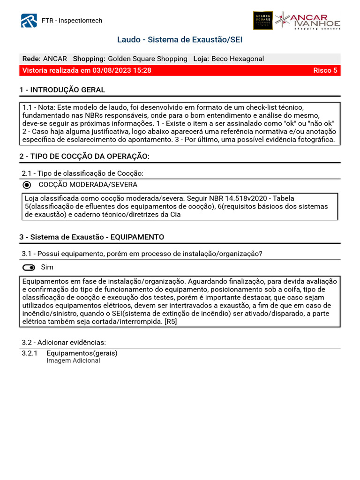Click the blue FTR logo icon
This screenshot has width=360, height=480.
29,21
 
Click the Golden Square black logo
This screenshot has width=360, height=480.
262,21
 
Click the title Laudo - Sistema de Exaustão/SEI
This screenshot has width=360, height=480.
180,40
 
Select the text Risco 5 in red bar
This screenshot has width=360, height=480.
325,71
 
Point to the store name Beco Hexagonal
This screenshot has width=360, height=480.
237,59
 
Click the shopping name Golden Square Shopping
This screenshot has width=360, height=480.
147,59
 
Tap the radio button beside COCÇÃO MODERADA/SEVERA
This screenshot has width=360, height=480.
27,185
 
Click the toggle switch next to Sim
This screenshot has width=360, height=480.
29,268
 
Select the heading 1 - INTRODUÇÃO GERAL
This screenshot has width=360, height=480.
62,90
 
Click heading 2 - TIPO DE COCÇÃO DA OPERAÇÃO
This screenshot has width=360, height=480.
84,157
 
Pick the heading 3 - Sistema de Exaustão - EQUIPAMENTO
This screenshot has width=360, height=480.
91,237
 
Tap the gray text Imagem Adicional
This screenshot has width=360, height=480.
73,361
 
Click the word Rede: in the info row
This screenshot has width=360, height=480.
31,59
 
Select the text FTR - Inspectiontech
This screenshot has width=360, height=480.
72,21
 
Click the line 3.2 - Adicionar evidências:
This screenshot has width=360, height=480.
64,342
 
